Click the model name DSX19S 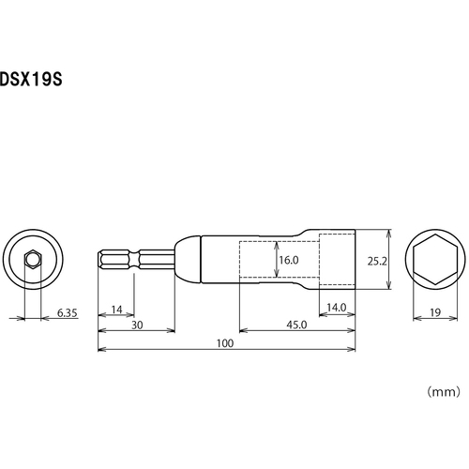coord(31,79)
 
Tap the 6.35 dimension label coord(67,312)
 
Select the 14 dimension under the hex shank coord(116,310)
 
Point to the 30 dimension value coord(137,325)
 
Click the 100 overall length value coord(225,343)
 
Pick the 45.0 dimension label coord(296,325)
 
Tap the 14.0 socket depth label coord(337,308)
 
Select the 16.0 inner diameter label coord(289,260)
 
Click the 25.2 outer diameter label coord(377,261)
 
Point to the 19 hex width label coord(435,312)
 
